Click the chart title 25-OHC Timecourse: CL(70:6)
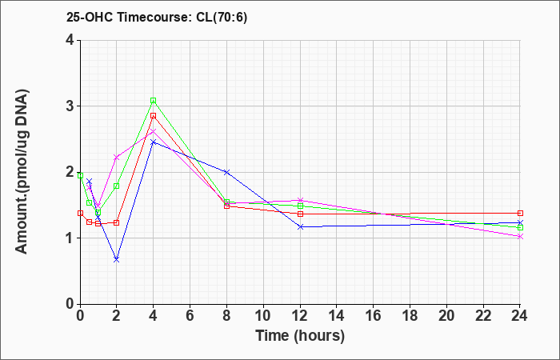(157, 18)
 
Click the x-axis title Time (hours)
(300, 336)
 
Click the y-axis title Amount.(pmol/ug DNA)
(22, 171)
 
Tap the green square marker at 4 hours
(154, 101)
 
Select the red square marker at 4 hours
(154, 116)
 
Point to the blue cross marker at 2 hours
(117, 260)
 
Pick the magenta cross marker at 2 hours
(117, 157)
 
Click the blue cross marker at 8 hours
(226, 172)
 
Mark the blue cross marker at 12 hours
(300, 226)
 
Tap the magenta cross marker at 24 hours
(520, 237)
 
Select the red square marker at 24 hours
(520, 214)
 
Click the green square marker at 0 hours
(80, 176)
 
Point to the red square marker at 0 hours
(80, 214)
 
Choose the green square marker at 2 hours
(117, 186)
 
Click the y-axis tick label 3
(70, 106)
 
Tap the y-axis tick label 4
(70, 40)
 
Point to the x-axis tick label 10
(263, 316)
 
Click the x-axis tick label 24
(519, 316)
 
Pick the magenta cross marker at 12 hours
(300, 200)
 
